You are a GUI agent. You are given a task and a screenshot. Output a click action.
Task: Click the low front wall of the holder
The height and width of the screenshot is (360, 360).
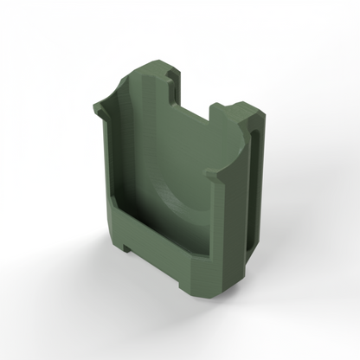pos(164,247)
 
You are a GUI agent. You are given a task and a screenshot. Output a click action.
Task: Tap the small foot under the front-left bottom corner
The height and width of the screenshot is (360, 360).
pos(127,249)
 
